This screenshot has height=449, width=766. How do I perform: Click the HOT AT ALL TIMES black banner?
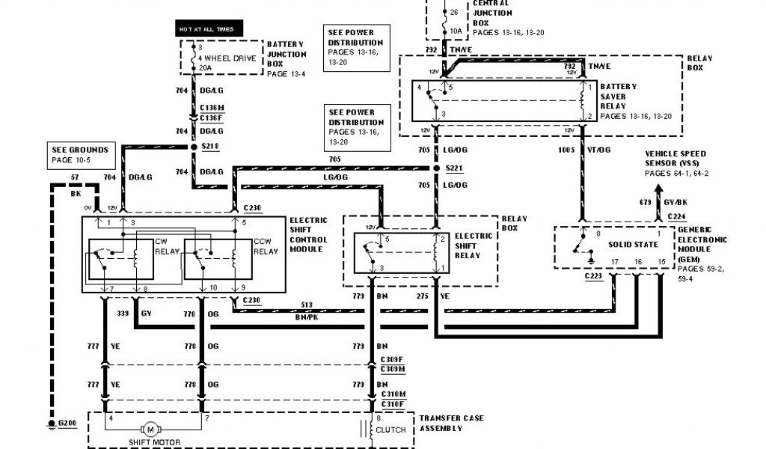[206, 29]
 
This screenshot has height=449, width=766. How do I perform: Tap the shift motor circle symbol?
[150, 430]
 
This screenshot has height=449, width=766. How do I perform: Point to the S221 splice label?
[455, 168]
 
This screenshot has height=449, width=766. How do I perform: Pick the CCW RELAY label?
[265, 247]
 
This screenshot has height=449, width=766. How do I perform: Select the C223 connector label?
[595, 276]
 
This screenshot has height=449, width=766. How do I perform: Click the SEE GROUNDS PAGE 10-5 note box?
[79, 155]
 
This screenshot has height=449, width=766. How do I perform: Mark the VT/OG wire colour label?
[598, 150]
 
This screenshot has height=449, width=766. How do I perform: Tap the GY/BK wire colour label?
[676, 202]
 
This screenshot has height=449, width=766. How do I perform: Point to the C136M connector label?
[211, 108]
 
